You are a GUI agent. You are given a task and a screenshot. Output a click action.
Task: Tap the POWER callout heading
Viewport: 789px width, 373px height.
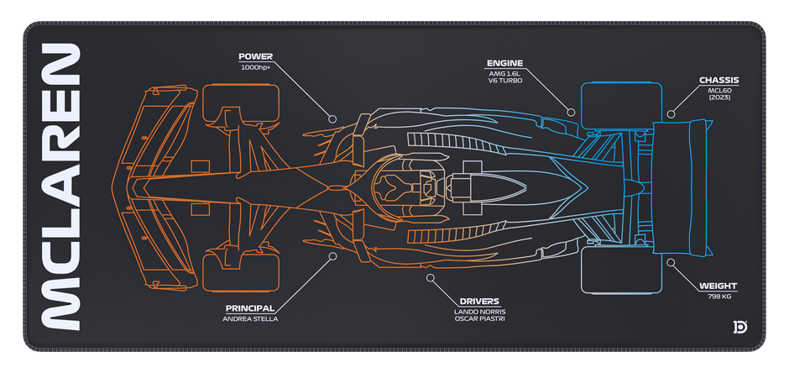[x=255, y=58]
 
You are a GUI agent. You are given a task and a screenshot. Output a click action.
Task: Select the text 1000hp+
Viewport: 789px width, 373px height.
[x=255, y=67]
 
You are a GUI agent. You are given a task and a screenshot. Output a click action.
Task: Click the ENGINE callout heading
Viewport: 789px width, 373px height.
[x=504, y=63]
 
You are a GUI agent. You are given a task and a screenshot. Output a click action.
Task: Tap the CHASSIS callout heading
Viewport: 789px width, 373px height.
[x=718, y=81]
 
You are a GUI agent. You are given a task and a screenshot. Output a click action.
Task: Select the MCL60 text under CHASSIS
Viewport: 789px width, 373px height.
[x=719, y=91]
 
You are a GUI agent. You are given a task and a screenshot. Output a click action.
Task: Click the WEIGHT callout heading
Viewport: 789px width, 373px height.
[x=718, y=286]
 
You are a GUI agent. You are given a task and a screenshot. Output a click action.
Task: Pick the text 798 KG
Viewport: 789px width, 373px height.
[x=718, y=297]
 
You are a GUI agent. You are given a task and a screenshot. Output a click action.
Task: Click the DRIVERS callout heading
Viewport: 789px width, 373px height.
[x=479, y=302]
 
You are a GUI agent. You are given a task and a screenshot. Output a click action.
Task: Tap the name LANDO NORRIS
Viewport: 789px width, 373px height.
[x=479, y=312]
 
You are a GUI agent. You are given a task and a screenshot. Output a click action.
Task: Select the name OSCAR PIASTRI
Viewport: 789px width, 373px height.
[x=479, y=319]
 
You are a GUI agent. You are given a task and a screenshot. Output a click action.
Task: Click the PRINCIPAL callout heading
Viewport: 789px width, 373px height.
[x=251, y=308]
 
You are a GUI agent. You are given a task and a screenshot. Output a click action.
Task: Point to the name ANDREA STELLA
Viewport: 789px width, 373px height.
[x=250, y=318]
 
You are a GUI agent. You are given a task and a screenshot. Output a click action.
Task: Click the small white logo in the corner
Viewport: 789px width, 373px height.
[x=739, y=326]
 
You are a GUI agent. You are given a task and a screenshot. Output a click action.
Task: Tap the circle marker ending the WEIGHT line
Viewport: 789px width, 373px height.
[x=671, y=261]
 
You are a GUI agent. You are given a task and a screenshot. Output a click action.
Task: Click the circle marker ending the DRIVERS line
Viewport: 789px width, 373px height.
[x=430, y=276]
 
